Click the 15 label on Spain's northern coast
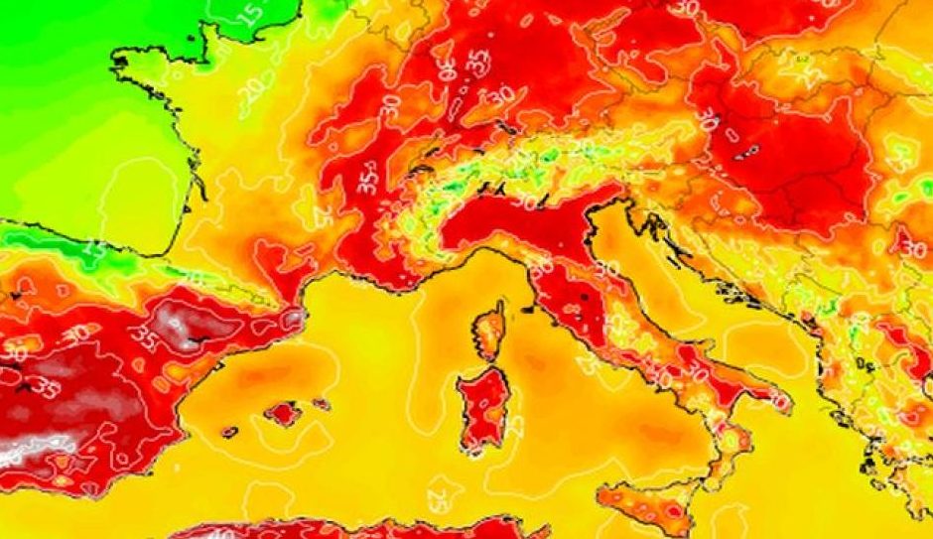click(x=95, y=248)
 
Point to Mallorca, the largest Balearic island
click(x=283, y=412)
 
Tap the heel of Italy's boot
click(x=780, y=402)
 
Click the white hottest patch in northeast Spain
click(x=179, y=328)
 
